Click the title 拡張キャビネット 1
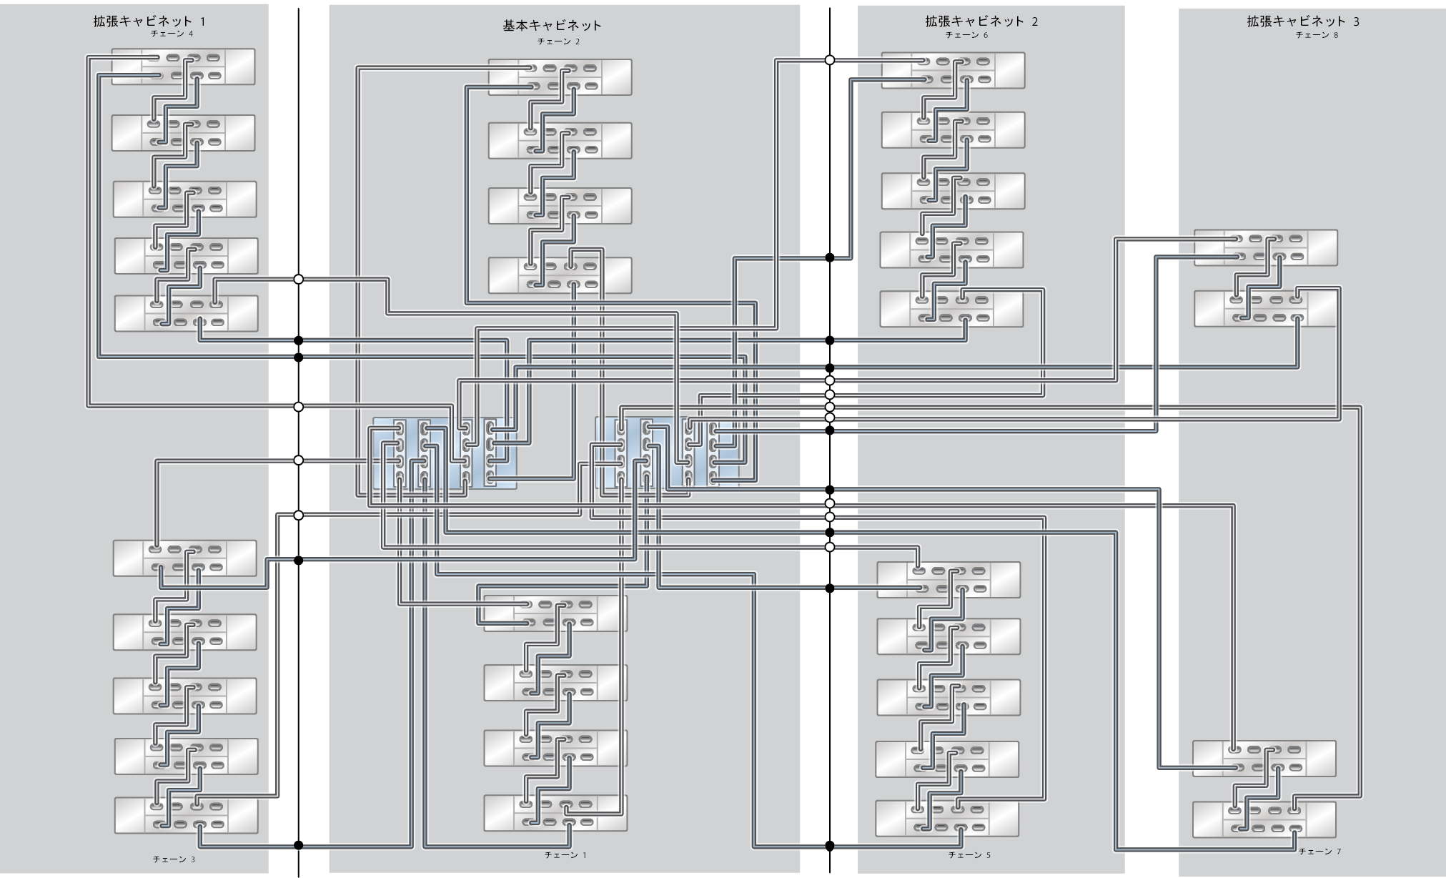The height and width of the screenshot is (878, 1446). pos(149,21)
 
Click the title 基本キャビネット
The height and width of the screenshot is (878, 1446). pos(552,26)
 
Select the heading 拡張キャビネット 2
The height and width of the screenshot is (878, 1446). pos(981,21)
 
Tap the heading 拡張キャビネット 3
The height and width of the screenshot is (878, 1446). pos(1303,21)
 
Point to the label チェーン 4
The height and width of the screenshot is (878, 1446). pos(172,34)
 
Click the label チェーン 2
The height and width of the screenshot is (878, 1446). pos(558,41)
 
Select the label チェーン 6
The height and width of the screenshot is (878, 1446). pos(966,34)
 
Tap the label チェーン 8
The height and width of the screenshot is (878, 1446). pos(1317,34)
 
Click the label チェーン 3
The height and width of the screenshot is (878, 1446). pos(174,859)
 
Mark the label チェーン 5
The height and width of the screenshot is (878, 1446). pos(969,854)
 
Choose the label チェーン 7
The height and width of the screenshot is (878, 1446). pos(1319,852)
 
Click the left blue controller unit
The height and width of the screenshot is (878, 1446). pos(444,453)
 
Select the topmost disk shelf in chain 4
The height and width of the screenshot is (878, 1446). pos(183,66)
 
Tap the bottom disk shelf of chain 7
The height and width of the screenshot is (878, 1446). pos(1264,819)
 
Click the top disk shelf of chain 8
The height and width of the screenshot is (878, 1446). pos(1265,247)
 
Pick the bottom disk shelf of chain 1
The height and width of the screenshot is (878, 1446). pos(555,813)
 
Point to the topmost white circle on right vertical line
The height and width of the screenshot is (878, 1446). pos(830,60)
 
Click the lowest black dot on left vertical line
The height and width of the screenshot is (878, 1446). pos(299,845)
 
